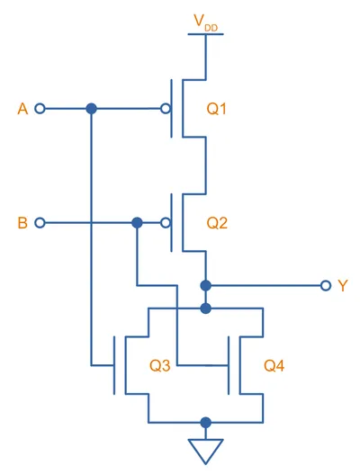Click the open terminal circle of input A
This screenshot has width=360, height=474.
point(40,108)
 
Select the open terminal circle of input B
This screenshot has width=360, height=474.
point(40,223)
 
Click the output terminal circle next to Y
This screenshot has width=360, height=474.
point(326,285)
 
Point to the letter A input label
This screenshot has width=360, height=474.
point(22,109)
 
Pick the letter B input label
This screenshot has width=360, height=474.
point(22,223)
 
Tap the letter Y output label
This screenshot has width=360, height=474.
point(343,286)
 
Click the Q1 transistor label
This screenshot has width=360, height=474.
point(216,109)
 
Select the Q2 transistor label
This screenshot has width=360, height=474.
point(217,223)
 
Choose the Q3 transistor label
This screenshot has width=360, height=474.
point(160,365)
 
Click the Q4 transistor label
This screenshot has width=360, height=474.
point(274,365)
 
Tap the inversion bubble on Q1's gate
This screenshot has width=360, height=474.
point(166,108)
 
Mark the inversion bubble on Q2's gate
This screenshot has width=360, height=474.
point(166,223)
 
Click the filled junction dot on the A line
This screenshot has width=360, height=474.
point(92,108)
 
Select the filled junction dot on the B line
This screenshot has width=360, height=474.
point(137,223)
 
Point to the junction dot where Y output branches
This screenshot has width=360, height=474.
point(206,285)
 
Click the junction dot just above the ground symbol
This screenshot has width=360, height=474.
point(206,423)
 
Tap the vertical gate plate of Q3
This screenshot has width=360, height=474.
point(114,365)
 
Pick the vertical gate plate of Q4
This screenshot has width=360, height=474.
point(229,365)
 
